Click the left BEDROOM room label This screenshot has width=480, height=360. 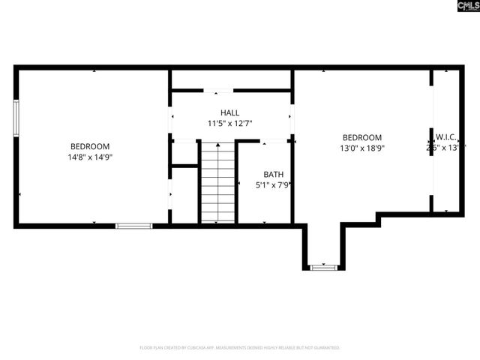(x=90, y=146)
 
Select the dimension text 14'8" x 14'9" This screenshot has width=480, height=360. (x=90, y=157)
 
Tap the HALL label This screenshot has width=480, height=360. (x=230, y=112)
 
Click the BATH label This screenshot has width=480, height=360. (x=273, y=174)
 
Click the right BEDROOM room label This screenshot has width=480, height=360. (x=362, y=137)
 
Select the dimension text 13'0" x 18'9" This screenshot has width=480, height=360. (x=362, y=148)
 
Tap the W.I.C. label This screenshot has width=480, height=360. (x=447, y=137)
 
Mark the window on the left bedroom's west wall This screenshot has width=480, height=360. (x=16, y=118)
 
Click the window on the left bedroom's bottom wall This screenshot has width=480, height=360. (x=133, y=225)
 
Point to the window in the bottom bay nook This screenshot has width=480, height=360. (x=323, y=266)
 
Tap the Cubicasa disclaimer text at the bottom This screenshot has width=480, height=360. (x=240, y=348)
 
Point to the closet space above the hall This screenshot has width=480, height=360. (x=231, y=79)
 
